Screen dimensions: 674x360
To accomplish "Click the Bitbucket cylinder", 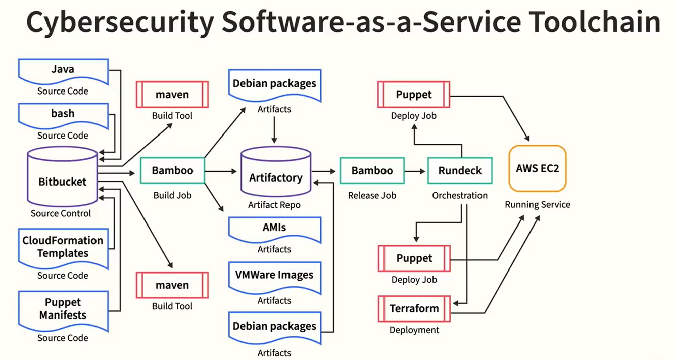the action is click(63, 177).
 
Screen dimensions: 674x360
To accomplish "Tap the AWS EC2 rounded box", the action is click(538, 168).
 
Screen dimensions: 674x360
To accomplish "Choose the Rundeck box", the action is click(460, 170).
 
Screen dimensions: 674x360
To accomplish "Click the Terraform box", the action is click(414, 309).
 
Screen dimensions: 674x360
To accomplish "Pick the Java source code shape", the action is click(63, 72).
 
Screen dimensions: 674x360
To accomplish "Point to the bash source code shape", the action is click(63, 116).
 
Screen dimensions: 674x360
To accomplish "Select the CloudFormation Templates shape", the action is click(63, 248).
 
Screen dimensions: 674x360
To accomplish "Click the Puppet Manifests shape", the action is click(63, 310).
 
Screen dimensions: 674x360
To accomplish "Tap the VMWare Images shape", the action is click(275, 278).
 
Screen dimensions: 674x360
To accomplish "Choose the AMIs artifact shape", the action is click(275, 230).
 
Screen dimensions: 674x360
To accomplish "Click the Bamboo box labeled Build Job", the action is click(172, 170).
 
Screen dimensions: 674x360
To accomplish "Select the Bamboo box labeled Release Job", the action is click(372, 170).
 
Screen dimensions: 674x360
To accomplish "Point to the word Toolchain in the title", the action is click(594, 22).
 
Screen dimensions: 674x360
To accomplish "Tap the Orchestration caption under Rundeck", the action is click(460, 195).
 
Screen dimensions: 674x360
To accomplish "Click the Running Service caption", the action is click(538, 205).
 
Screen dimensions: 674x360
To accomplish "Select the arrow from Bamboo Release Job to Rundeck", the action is click(415, 171).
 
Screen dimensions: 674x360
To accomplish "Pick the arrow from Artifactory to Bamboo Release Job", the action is click(323, 171).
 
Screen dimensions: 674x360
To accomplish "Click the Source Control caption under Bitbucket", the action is click(61, 213).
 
